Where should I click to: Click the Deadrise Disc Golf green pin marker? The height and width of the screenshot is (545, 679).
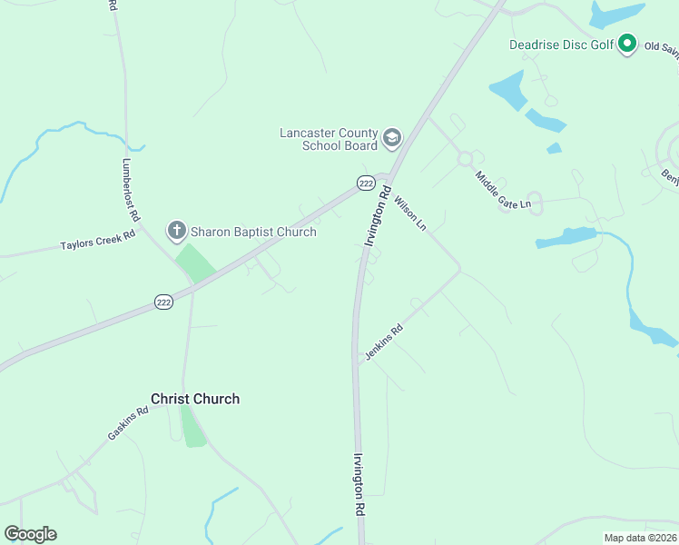point(626,44)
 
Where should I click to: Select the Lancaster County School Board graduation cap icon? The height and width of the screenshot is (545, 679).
point(392,139)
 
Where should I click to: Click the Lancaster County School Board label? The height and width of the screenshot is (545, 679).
point(328,139)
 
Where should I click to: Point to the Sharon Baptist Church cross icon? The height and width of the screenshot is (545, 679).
point(176,232)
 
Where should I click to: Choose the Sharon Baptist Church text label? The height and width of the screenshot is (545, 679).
point(253,232)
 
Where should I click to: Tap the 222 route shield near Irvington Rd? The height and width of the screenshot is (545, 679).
point(365,183)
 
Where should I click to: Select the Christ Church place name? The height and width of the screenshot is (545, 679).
point(195,399)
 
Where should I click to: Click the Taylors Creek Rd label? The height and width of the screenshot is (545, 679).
point(98,240)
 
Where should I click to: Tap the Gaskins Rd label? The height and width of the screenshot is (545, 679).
point(128,423)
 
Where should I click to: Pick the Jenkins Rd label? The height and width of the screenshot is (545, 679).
point(383,343)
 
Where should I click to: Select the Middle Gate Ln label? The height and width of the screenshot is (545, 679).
point(504,190)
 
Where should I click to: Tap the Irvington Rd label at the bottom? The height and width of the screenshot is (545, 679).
point(359,486)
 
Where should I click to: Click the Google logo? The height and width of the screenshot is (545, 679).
point(31,534)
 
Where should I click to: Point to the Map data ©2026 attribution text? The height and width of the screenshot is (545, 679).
point(639,538)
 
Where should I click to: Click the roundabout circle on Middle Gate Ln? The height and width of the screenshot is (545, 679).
point(466,159)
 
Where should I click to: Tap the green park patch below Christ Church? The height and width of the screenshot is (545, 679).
point(193,427)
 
